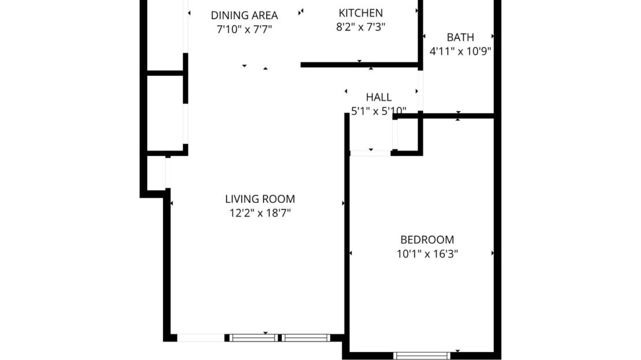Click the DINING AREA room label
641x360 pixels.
[x=244, y=16]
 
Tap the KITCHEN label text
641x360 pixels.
[x=360, y=13]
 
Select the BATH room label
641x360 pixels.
[x=460, y=38]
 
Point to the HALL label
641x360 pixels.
[x=378, y=97]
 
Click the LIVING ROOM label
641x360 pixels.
[x=260, y=199]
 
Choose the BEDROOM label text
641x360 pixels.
[x=427, y=239]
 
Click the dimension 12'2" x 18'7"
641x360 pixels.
[x=260, y=213]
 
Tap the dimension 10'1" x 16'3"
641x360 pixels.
[x=427, y=253]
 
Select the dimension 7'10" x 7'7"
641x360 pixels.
[x=244, y=29]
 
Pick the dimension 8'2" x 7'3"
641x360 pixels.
[x=360, y=27]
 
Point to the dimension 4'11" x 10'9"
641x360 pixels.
[x=460, y=51]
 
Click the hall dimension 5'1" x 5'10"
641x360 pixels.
[x=378, y=110]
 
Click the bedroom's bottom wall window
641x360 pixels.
[x=421, y=355]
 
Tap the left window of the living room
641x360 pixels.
[x=253, y=337]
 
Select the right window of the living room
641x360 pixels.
[x=305, y=337]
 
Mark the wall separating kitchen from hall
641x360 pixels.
[x=359, y=65]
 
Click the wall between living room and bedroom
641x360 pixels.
[x=347, y=231]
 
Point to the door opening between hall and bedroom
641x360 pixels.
[x=371, y=153]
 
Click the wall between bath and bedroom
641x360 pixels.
[x=456, y=116]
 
